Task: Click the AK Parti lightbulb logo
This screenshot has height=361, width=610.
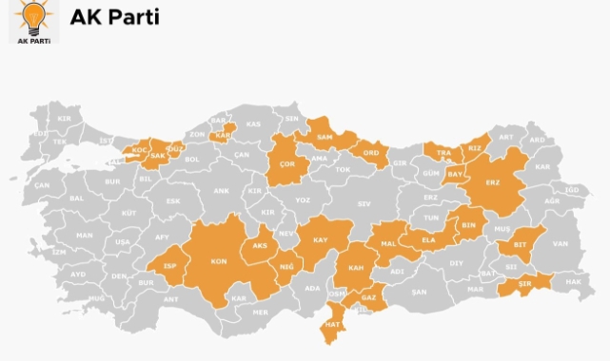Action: tap(33, 22)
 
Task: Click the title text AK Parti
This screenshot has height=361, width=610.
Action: tap(114, 18)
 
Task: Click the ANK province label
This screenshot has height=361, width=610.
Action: tap(221, 191)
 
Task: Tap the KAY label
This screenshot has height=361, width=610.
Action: tap(320, 240)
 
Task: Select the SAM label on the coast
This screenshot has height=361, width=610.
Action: tap(324, 139)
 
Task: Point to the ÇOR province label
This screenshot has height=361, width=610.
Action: tap(285, 163)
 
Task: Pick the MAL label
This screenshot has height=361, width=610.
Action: tap(388, 243)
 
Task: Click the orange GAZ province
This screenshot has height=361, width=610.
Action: tap(368, 297)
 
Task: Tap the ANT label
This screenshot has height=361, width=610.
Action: tap(171, 299)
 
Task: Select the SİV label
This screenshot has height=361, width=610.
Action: tap(364, 203)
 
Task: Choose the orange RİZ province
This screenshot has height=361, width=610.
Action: tap(475, 147)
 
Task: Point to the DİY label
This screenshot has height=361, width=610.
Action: tap(456, 262)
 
